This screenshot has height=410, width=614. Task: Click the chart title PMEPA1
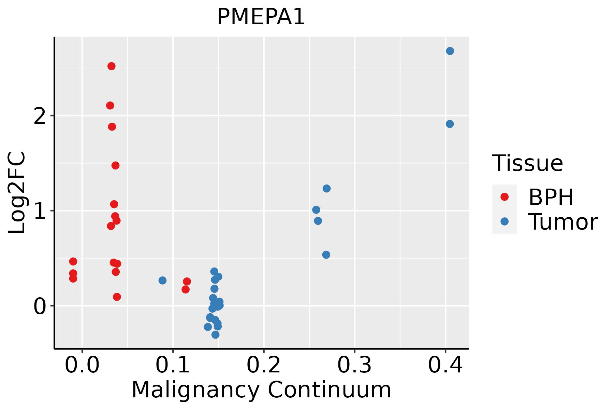click(261, 17)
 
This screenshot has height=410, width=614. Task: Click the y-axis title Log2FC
click(17, 193)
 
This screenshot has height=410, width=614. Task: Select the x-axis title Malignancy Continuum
click(261, 390)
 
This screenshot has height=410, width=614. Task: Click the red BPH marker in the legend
click(504, 197)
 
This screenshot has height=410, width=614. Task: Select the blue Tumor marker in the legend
click(504, 221)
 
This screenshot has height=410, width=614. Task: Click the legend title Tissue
click(528, 163)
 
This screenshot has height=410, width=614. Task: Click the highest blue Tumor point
click(450, 51)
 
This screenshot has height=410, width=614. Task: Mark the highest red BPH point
click(112, 66)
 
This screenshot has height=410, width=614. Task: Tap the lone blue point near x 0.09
click(162, 280)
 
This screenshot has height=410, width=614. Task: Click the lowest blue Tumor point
click(215, 334)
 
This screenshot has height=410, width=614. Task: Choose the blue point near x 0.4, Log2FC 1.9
click(450, 124)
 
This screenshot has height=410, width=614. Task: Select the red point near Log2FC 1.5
click(115, 165)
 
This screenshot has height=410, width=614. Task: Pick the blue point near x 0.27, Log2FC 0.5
click(326, 255)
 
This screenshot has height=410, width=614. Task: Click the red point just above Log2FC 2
click(110, 105)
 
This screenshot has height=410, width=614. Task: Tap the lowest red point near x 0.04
click(117, 297)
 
